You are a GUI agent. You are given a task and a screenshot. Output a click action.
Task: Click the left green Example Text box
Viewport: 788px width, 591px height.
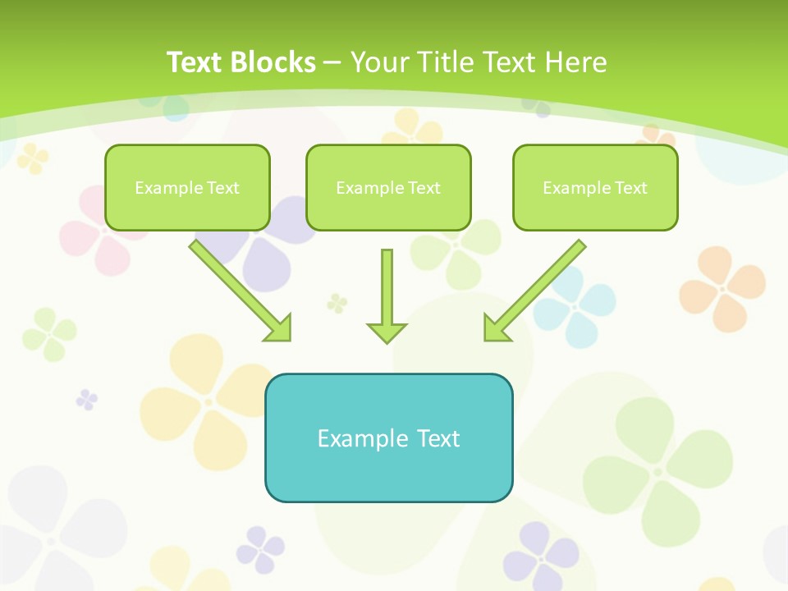pyautogui.click(x=187, y=188)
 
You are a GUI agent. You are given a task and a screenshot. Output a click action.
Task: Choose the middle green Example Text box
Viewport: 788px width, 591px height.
pyautogui.click(x=388, y=188)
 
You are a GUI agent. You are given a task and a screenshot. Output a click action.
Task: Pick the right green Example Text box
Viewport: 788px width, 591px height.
pyautogui.click(x=595, y=188)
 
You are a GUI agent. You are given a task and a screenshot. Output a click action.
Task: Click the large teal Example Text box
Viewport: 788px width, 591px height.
pyautogui.click(x=388, y=438)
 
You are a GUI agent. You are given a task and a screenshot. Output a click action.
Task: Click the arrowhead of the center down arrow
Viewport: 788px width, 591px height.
pyautogui.click(x=387, y=332)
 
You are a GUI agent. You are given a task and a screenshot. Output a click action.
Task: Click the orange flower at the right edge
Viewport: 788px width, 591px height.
pyautogui.click(x=722, y=288)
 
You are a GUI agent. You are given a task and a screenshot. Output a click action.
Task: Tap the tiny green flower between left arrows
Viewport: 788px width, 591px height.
pyautogui.click(x=337, y=303)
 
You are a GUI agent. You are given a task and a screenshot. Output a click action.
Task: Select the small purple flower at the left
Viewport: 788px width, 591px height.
pyautogui.click(x=86, y=400)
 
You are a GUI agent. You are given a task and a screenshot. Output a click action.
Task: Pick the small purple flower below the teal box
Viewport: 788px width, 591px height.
pyautogui.click(x=261, y=549)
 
